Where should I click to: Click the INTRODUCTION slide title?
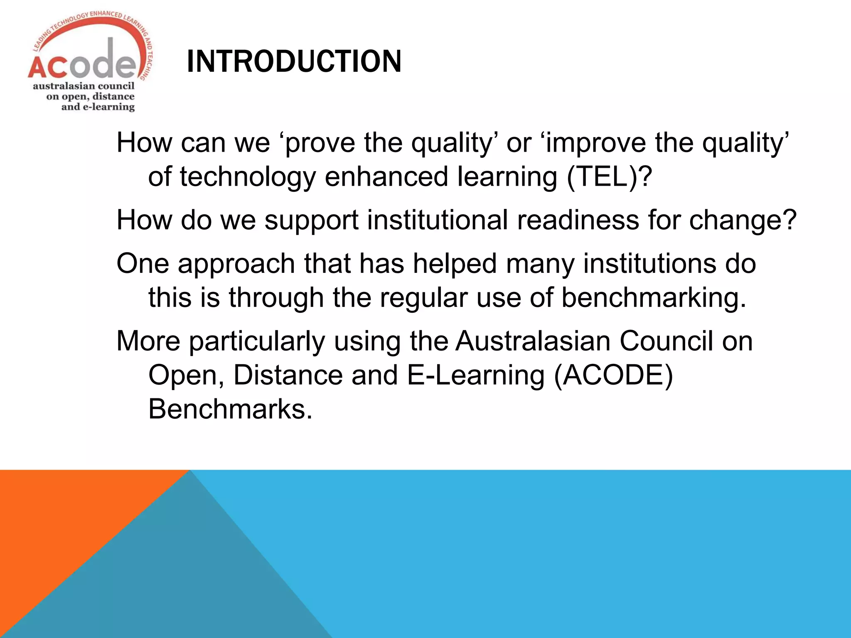coord(294,61)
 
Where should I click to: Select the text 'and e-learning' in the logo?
coord(98,107)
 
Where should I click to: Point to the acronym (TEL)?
coord(609,177)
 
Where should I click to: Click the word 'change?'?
coord(743,221)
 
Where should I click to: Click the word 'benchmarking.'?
coord(654,298)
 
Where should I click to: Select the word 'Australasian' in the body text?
coord(533,341)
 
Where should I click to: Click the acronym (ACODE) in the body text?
coord(613,375)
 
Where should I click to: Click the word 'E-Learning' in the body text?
coord(475,375)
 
